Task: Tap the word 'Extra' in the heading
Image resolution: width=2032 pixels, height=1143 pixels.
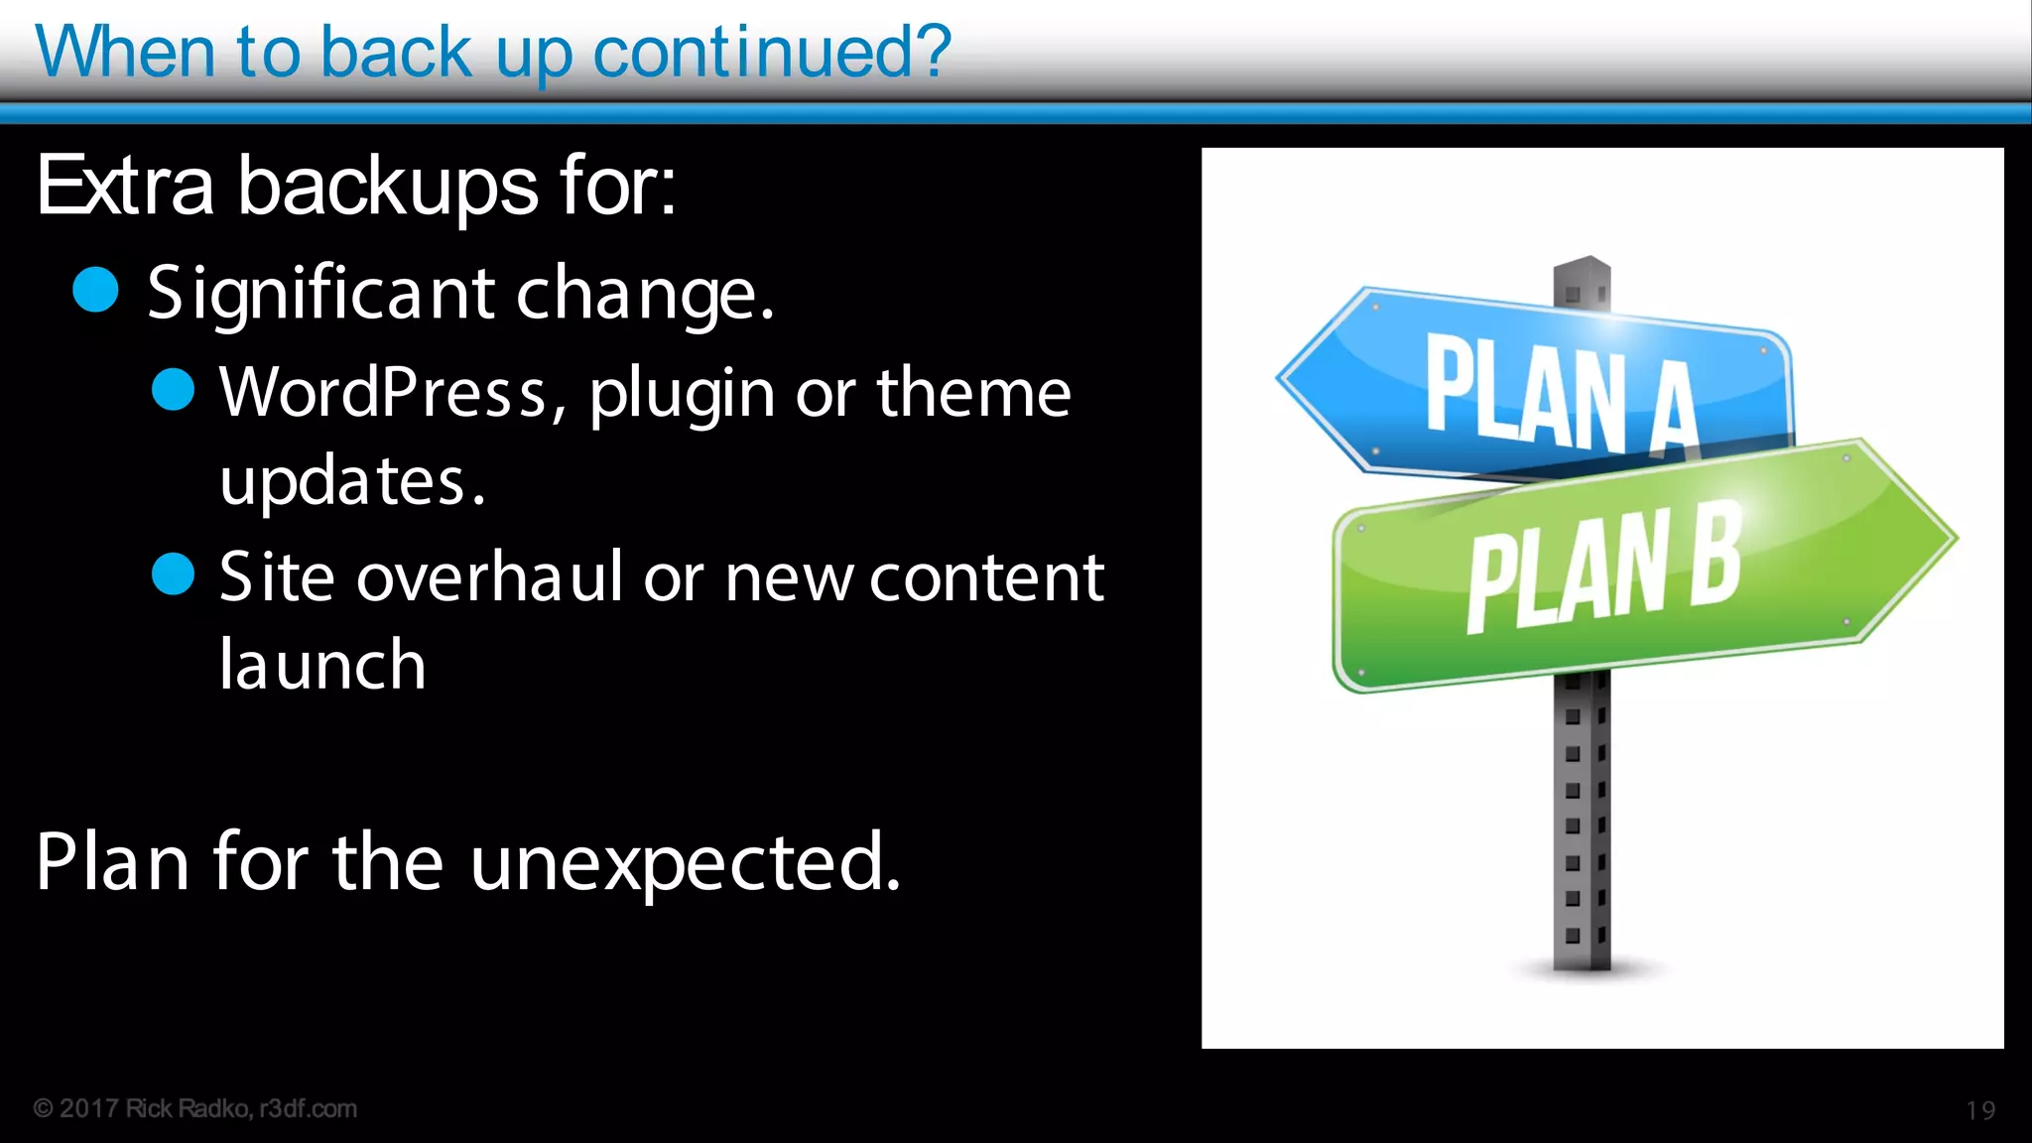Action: pos(125,187)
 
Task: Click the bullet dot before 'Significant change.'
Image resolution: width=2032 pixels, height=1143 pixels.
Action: pos(96,290)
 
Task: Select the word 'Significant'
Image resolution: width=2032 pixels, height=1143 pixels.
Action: pos(320,295)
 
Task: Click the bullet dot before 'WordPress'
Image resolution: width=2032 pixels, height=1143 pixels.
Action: pos(174,389)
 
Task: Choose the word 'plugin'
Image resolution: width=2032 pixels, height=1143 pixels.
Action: pos(682,395)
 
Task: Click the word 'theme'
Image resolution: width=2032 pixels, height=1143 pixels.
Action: pos(973,393)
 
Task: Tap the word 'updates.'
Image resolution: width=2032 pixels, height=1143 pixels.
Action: pos(352,482)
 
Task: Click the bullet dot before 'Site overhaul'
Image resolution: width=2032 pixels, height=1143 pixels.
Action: pos(174,574)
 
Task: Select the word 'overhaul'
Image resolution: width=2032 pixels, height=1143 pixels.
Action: pos(490,577)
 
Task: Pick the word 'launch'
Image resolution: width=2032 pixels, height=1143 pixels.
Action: pos(322,665)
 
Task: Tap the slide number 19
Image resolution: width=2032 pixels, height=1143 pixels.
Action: pos(1980,1110)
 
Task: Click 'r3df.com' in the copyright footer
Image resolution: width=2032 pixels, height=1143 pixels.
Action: pos(308,1108)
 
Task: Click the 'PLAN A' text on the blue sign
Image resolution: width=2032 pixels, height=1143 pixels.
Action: pos(1560,395)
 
